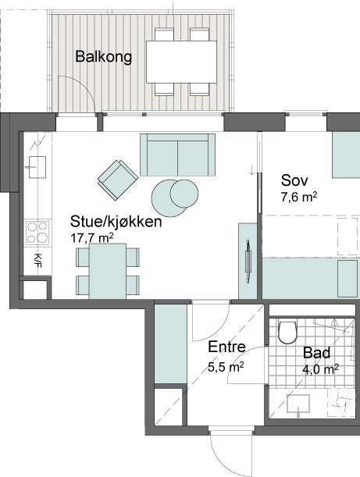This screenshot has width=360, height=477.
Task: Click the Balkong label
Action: [103, 57]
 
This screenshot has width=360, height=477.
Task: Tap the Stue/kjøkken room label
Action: [116, 222]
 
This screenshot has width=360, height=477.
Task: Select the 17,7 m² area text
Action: [92, 238]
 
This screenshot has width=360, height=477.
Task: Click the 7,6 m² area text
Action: [299, 198]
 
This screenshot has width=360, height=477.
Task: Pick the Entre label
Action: [226, 347]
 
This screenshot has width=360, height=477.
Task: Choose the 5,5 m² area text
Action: [226, 367]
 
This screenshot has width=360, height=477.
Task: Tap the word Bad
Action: [316, 353]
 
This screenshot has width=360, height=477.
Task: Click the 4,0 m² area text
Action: [320, 369]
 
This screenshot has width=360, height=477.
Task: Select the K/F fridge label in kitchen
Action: [37, 261]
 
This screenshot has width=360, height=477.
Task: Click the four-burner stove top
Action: [37, 233]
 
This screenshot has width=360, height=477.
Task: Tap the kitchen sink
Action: [37, 167]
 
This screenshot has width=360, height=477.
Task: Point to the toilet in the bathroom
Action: [287, 333]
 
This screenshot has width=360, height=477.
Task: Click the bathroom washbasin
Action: [298, 404]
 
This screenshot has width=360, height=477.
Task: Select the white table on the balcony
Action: [181, 62]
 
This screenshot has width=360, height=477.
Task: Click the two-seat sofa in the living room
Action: [178, 155]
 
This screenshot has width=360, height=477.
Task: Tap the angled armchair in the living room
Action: [118, 180]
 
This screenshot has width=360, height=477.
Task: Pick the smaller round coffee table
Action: [184, 194]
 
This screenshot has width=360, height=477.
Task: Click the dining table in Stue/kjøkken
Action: [108, 271]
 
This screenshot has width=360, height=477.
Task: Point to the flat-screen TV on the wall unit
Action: [248, 261]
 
